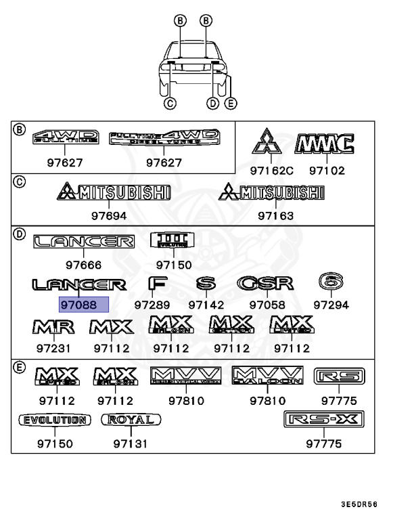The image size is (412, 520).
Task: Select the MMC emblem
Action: point(325,144)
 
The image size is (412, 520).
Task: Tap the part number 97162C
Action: point(271,171)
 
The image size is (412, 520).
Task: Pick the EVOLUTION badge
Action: point(54,420)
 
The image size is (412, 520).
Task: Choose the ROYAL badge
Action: point(131,420)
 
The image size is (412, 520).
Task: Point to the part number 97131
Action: point(131,444)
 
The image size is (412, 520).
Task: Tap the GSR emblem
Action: point(265,283)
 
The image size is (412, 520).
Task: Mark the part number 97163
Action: point(275,216)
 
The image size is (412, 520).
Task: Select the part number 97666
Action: point(84,265)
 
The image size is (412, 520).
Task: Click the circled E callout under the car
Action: point(231,103)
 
